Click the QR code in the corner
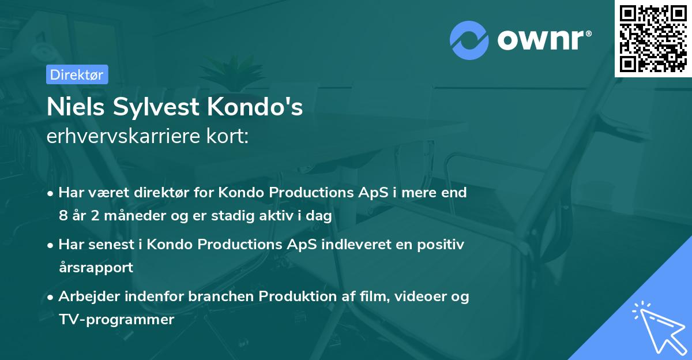pos(653,39)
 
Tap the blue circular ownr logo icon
pos(469,40)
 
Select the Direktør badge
pos(77,74)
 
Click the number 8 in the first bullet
pos(63,216)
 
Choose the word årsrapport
pos(96,268)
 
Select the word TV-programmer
pos(116,320)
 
